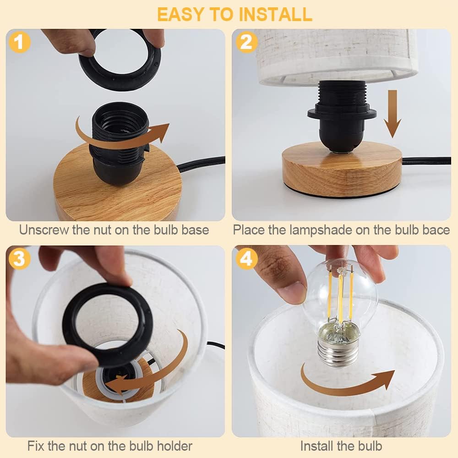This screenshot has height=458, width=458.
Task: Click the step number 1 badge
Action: point(19,43)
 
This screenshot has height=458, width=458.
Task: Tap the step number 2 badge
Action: point(246,43)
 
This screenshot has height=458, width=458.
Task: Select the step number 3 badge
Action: point(19,259)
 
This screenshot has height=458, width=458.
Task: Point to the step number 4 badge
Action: point(246,259)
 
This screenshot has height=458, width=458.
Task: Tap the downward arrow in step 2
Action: point(392,114)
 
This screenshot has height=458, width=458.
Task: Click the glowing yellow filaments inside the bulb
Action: point(340,293)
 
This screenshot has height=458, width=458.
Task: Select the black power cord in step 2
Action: point(426,160)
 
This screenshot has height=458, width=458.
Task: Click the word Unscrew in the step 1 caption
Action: point(44,229)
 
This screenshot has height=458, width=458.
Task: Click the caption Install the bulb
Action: point(341,445)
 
